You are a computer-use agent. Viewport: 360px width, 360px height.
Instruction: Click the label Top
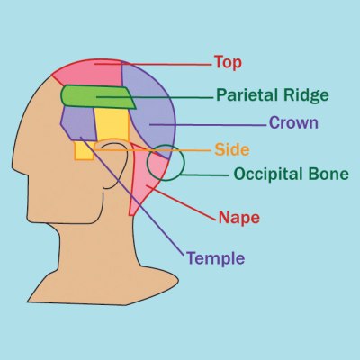click(x=228, y=63)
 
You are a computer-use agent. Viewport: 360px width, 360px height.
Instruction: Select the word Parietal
click(x=247, y=95)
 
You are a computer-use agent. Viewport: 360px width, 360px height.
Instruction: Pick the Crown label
click(x=293, y=122)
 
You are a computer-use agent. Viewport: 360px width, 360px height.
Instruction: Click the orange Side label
click(x=232, y=149)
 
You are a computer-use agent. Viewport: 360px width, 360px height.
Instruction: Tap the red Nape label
click(x=239, y=218)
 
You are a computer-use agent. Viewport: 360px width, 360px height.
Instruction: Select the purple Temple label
click(x=216, y=258)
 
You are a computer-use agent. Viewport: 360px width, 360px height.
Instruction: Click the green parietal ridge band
click(x=97, y=96)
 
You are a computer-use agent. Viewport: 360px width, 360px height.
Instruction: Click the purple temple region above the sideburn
click(x=79, y=123)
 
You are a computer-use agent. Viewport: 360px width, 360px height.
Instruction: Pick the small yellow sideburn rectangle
click(x=84, y=151)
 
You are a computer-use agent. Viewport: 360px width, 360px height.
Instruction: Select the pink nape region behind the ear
click(x=147, y=180)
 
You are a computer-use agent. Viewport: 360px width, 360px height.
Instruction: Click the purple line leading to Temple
click(x=132, y=196)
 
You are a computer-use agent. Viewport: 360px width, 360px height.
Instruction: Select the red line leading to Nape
click(x=181, y=203)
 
